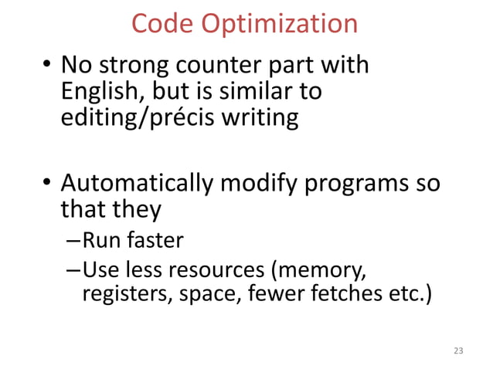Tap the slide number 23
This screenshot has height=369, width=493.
[x=458, y=352]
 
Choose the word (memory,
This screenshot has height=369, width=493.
[x=321, y=270]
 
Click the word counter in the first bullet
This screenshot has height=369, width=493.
[x=214, y=66]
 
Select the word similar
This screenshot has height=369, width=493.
[x=263, y=93]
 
